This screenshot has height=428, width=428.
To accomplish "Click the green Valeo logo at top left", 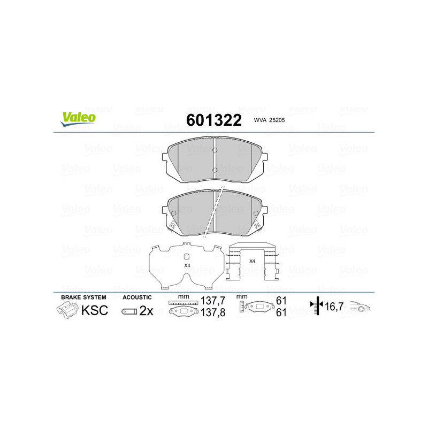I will [79, 118].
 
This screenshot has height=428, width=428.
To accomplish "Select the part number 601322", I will [213, 119].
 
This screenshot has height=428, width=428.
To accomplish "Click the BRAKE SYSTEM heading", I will [83, 297].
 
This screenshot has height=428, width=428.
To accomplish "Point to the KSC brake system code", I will [94, 310].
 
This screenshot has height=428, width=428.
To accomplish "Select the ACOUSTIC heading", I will [137, 297].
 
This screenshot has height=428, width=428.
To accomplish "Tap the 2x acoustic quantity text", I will [146, 311].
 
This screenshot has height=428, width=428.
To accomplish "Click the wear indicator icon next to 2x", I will [129, 311].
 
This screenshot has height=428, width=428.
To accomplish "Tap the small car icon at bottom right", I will [360, 308].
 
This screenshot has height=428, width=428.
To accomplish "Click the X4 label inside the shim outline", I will [187, 265].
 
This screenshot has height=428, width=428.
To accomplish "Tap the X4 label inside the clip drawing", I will [252, 261].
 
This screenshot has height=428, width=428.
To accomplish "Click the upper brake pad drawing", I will [214, 159].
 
